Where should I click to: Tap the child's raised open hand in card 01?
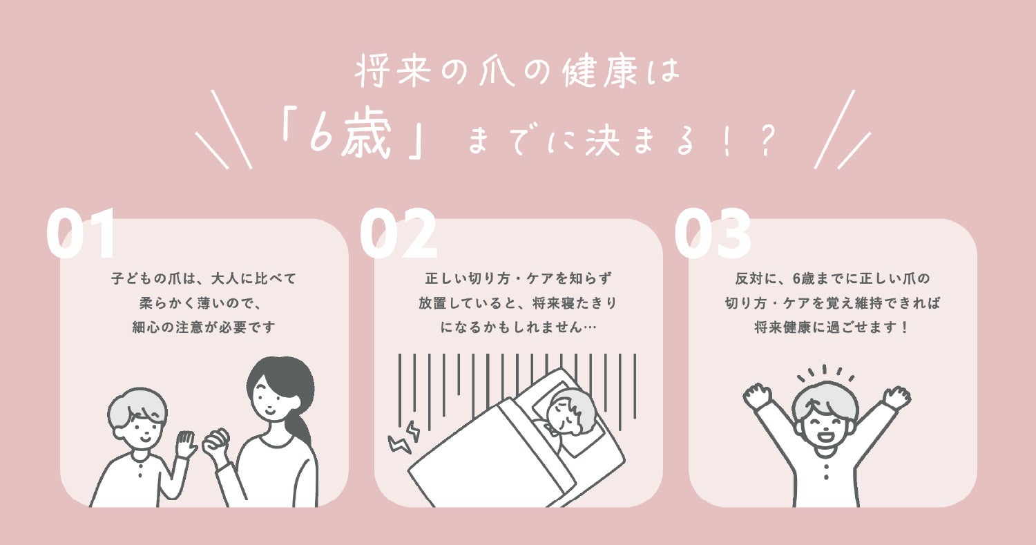pos(185,444)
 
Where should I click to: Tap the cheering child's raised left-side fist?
pos(757,395)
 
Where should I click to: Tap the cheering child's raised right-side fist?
pos(896,396)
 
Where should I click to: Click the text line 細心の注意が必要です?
pos(204,327)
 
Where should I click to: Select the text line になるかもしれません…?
pos(518,327)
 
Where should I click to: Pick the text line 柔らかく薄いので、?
pos(204,303)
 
